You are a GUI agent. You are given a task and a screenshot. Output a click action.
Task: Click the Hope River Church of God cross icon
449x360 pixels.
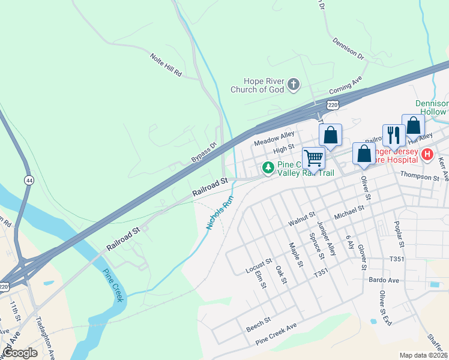tap(294, 84)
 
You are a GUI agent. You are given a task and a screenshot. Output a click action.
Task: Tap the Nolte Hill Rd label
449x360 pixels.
tap(166, 64)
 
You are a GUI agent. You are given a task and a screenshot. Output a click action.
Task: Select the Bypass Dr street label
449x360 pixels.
tap(203, 153)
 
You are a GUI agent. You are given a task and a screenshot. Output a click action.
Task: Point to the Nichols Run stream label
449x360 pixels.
tap(219, 212)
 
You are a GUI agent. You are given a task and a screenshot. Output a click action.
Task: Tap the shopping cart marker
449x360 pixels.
tap(313, 158)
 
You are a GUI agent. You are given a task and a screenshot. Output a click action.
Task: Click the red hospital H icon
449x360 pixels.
tap(427, 155)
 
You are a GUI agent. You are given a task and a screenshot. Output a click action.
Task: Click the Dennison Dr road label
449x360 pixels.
tap(348, 49)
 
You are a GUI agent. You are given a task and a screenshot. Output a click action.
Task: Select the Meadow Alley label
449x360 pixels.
tap(274, 139)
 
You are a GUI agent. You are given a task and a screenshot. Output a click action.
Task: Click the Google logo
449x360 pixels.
tap(20, 353)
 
